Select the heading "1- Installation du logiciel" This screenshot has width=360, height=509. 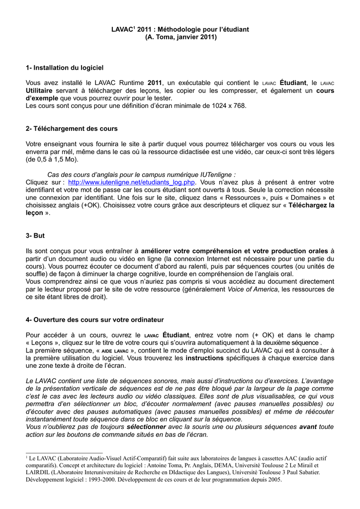65,67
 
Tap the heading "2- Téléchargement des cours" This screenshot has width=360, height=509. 72,128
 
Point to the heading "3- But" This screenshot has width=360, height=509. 35,235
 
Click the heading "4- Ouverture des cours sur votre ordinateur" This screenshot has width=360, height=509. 94,319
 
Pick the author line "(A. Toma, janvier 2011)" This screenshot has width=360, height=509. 180,37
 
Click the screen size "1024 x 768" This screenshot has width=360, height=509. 228,106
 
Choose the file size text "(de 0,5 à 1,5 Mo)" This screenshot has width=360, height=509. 52,159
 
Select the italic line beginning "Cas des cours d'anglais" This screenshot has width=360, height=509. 141,174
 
